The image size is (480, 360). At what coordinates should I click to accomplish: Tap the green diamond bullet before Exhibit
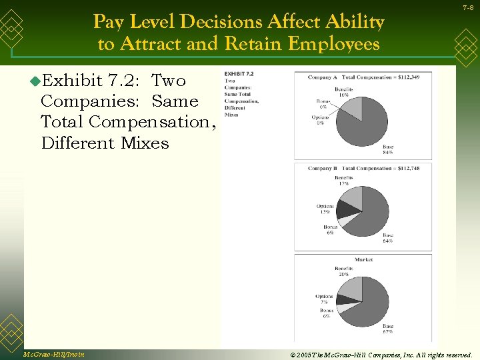point(35,81)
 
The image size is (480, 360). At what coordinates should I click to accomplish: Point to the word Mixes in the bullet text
point(145,143)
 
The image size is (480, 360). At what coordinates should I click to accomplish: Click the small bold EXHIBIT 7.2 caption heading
point(239,74)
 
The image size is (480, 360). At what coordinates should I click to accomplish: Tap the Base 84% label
point(387,149)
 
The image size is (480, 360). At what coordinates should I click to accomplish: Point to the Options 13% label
point(325,209)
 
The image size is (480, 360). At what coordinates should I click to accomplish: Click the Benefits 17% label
point(344,181)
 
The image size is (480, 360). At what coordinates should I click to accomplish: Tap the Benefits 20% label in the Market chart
point(344,271)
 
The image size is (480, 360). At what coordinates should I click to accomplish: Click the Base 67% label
point(387,329)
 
